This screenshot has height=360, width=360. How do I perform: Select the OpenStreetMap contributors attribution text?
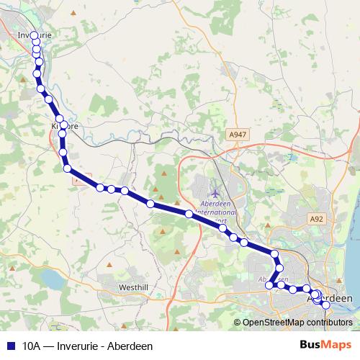point(297,322)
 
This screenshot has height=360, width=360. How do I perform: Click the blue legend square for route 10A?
point(10,346)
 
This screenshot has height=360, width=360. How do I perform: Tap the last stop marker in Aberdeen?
point(325,305)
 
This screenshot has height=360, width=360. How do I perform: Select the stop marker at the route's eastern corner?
point(275,253)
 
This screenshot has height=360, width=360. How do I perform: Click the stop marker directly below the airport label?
point(223,228)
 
